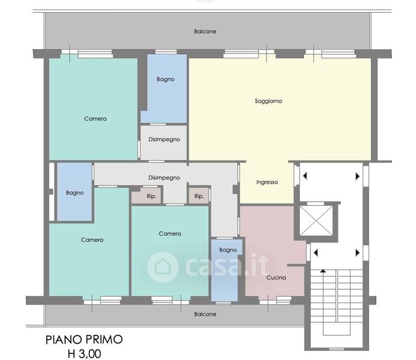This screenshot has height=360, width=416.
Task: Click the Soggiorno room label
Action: pyautogui.click(x=268, y=101)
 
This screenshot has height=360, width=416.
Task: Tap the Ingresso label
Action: pyautogui.click(x=267, y=182)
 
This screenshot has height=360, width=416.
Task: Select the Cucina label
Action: pyautogui.click(x=276, y=278)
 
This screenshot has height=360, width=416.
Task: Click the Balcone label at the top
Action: pyautogui.click(x=205, y=31)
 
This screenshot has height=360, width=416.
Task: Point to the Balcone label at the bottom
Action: pyautogui.click(x=205, y=314)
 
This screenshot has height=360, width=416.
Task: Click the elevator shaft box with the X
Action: pyautogui.click(x=316, y=221)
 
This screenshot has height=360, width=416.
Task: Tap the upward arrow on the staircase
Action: pyautogui.click(x=323, y=271)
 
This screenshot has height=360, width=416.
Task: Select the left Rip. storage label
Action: pyautogui.click(x=151, y=196)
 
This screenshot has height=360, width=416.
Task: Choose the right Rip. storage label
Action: pyautogui.click(x=199, y=196)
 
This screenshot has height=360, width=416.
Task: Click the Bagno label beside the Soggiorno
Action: pyautogui.click(x=166, y=79)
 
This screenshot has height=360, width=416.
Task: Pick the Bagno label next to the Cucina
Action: pyautogui.click(x=228, y=250)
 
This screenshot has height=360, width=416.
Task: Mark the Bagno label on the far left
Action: pyautogui.click(x=75, y=193)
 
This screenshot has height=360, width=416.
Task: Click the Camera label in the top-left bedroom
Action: pyautogui.click(x=95, y=119)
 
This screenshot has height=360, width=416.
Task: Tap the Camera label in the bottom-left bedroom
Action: pyautogui.click(x=92, y=240)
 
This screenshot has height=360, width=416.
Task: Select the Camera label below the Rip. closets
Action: pyautogui.click(x=170, y=233)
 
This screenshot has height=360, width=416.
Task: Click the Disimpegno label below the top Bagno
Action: pyautogui.click(x=164, y=139)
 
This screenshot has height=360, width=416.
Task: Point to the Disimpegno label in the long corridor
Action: pyautogui.click(x=164, y=178)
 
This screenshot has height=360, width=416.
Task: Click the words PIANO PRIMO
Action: pyautogui.click(x=84, y=340)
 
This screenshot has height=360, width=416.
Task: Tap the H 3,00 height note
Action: pyautogui.click(x=85, y=353)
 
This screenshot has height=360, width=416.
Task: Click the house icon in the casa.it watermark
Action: pyautogui.click(x=162, y=267)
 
